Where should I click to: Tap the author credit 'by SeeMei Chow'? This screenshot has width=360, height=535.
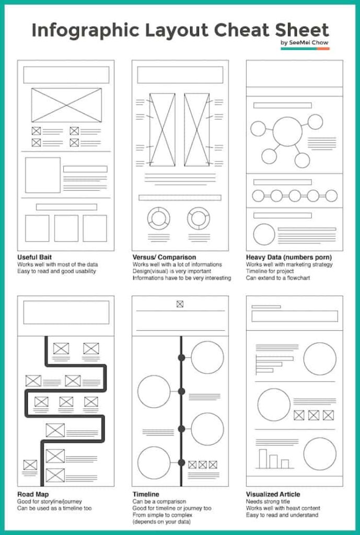[x=305, y=42]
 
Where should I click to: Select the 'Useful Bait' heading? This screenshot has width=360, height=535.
[x=34, y=257]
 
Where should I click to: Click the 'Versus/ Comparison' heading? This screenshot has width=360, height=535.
[x=164, y=257]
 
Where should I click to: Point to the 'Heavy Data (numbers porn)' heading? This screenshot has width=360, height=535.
[x=289, y=257]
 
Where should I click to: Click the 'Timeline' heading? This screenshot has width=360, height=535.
[x=146, y=494]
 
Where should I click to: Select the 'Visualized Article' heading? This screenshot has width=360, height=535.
[x=273, y=494]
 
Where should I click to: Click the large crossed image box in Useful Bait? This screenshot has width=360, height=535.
[x=66, y=104]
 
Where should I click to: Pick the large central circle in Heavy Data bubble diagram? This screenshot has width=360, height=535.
[x=287, y=132]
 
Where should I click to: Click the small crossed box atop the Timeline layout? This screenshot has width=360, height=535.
[x=180, y=304]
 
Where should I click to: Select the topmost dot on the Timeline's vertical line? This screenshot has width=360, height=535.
[x=181, y=357]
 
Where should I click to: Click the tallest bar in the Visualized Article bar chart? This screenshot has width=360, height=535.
[x=263, y=458]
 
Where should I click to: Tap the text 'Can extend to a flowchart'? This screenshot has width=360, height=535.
[x=278, y=278]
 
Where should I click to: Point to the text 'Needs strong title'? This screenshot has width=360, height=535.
[x=269, y=501]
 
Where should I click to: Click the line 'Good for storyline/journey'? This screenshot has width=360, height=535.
[x=50, y=501]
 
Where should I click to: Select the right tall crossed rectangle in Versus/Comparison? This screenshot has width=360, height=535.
[x=196, y=130]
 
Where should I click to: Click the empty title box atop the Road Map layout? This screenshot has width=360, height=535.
[x=66, y=312]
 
